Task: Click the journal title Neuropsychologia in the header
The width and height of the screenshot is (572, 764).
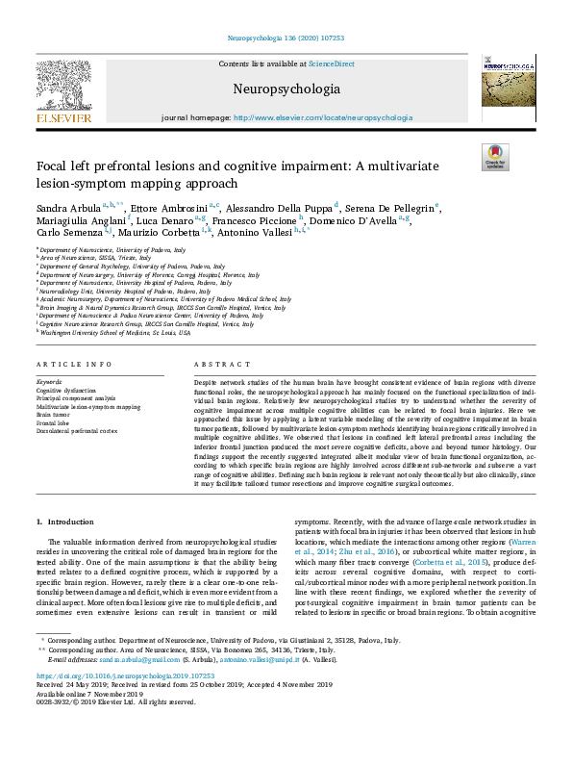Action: (x=286, y=89)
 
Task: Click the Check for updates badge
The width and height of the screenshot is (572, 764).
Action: (x=495, y=157)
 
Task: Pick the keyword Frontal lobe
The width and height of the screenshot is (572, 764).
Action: (x=55, y=422)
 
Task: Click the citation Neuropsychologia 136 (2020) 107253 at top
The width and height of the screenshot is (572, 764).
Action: (x=286, y=38)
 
